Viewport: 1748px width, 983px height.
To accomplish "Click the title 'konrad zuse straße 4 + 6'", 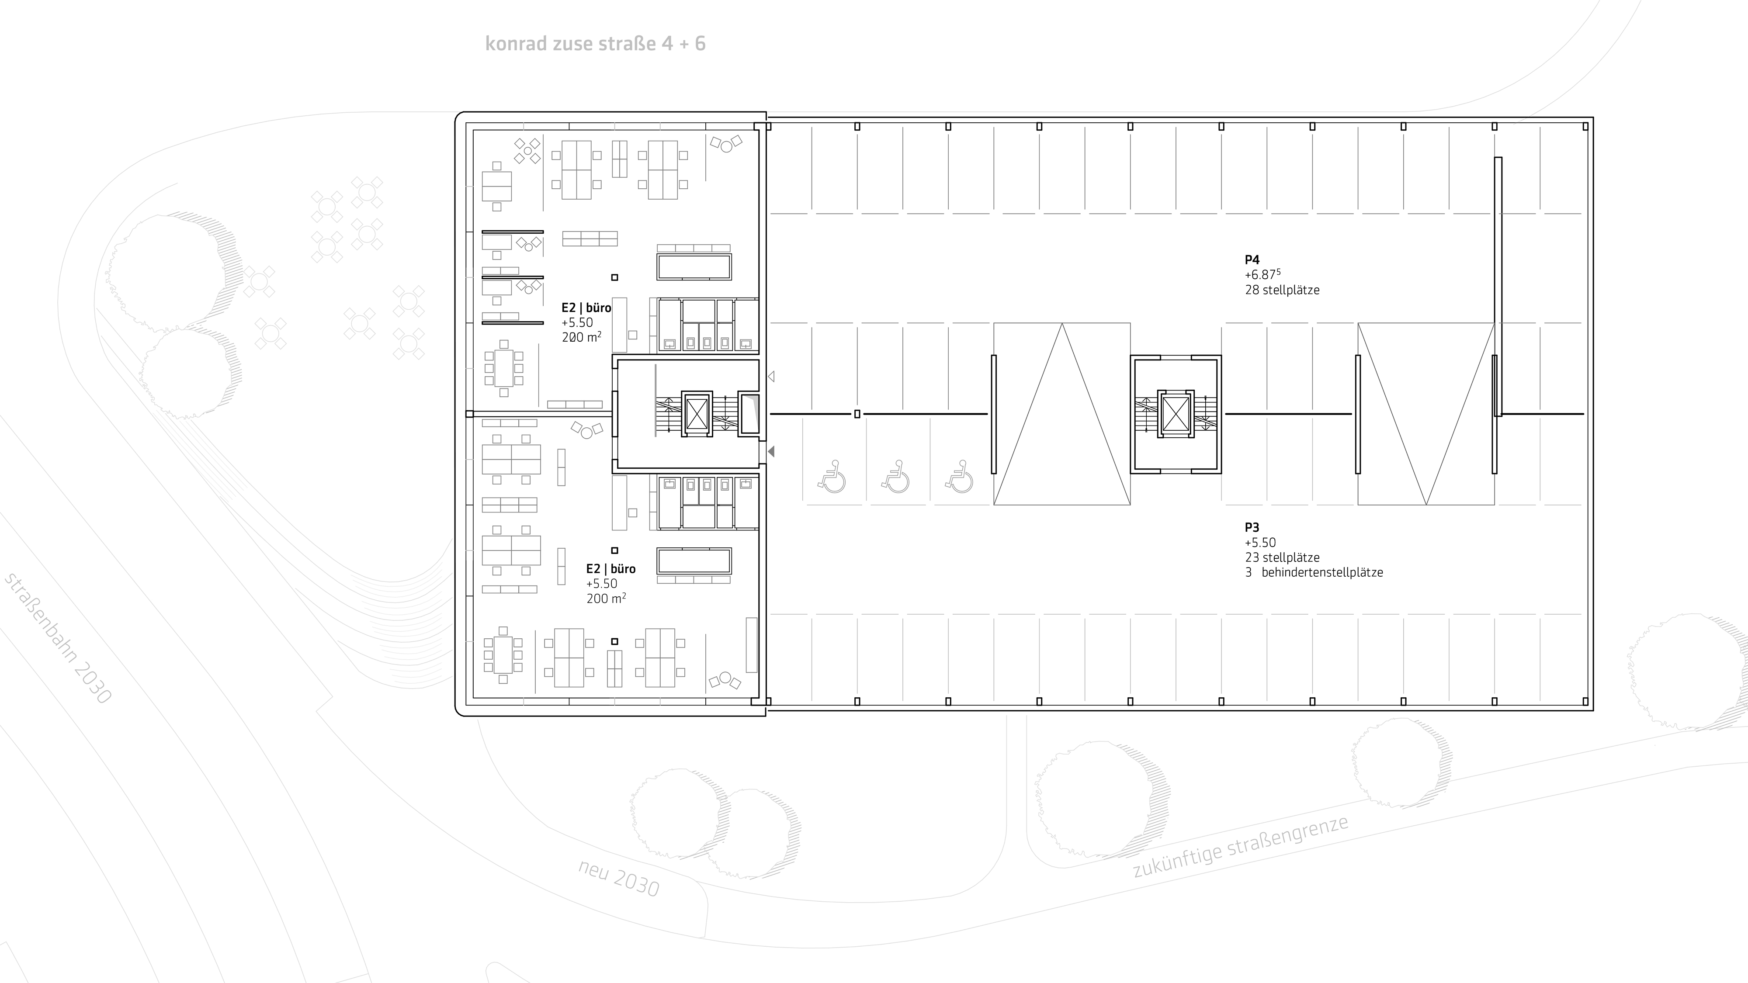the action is click(595, 43).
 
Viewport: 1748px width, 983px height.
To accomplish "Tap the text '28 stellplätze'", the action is click(1282, 290).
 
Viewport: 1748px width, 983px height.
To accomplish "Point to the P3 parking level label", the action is click(1252, 527).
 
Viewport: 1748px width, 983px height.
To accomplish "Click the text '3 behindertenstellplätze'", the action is click(1314, 572).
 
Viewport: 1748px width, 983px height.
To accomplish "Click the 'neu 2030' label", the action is click(619, 878).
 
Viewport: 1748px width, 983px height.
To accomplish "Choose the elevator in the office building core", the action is click(697, 414).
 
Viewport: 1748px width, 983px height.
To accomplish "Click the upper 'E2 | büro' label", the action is click(586, 307).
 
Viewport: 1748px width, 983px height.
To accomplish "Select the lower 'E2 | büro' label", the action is click(611, 568).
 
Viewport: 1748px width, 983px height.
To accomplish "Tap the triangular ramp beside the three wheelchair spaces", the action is click(1062, 414).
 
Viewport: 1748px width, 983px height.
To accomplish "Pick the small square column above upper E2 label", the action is click(615, 277).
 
